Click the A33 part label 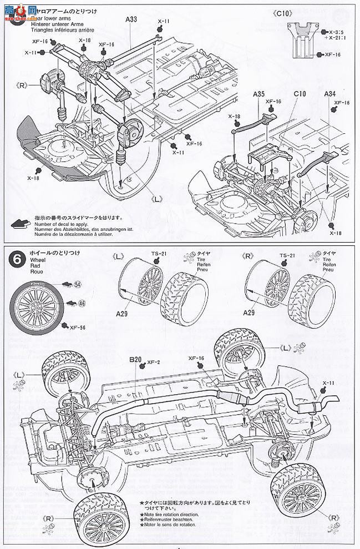[x=131, y=19]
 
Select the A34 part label [x=331, y=94]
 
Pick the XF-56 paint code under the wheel [x=77, y=327]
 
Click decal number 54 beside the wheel [x=77, y=284]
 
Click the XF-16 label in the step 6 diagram [x=196, y=359]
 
